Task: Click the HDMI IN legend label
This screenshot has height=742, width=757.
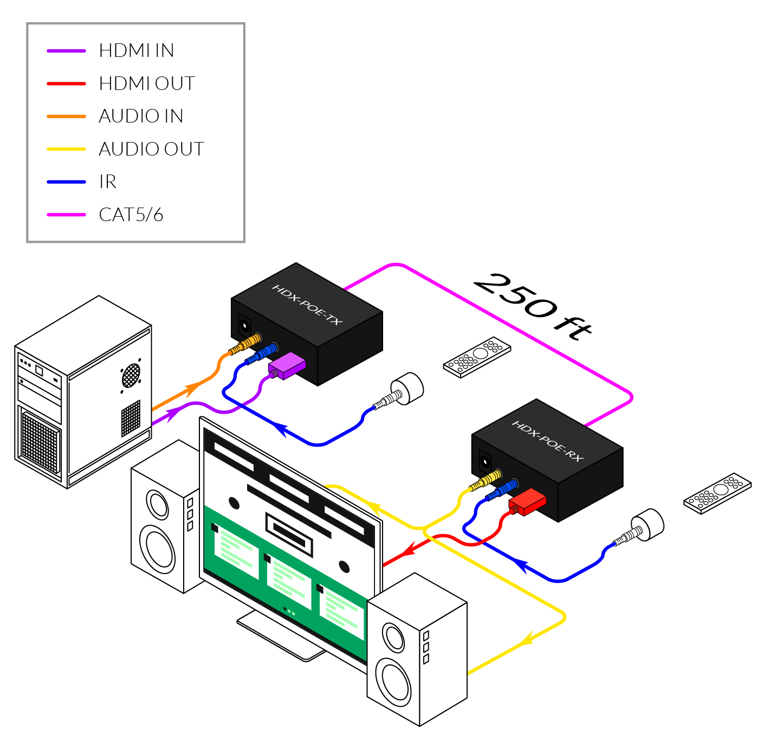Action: click(136, 51)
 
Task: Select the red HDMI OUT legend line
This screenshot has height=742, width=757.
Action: click(66, 83)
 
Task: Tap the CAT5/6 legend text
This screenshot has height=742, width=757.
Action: click(131, 215)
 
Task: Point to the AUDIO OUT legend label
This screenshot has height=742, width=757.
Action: click(151, 149)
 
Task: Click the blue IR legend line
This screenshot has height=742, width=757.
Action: click(66, 182)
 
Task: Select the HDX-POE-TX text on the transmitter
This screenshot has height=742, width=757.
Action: click(307, 305)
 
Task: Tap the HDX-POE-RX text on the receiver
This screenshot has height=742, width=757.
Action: click(547, 441)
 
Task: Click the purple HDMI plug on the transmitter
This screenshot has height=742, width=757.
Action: click(287, 366)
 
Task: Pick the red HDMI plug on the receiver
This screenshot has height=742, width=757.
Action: click(527, 502)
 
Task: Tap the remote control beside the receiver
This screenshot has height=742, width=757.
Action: click(717, 493)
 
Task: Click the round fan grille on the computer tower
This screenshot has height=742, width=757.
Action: click(131, 375)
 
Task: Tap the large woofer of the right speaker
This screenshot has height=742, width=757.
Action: click(396, 679)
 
